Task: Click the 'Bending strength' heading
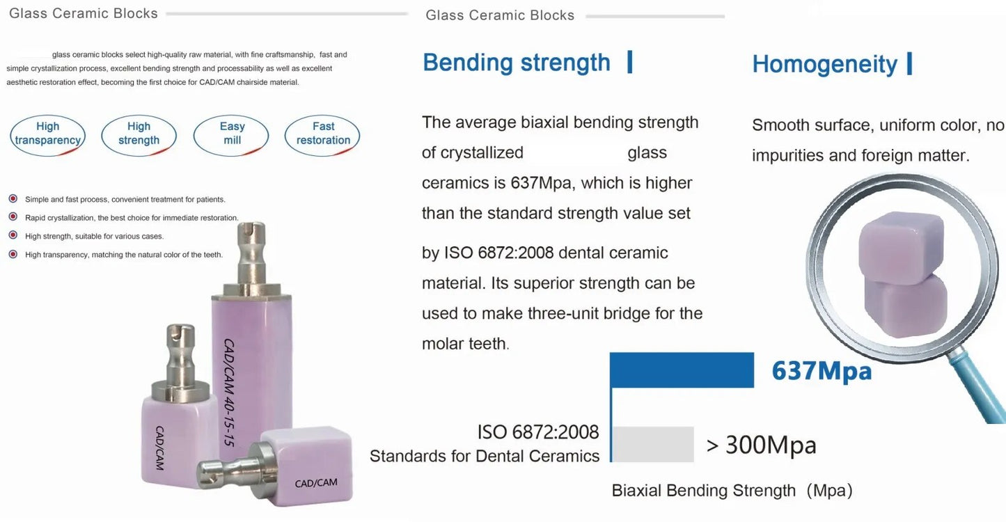[x=517, y=63]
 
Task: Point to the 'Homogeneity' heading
[x=824, y=65]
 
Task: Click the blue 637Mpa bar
[x=682, y=370]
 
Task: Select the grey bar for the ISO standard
[x=653, y=444]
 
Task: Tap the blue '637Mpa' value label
[x=822, y=371]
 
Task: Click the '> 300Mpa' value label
[x=761, y=445]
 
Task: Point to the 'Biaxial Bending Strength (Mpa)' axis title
[x=732, y=491]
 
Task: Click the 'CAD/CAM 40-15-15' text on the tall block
[x=230, y=393]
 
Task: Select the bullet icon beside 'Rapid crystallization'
[x=13, y=217]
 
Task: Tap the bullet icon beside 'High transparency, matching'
[x=13, y=254]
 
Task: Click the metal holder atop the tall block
[x=252, y=260]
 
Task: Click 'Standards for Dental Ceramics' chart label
[x=485, y=456]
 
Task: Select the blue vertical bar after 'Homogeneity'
[x=909, y=64]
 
